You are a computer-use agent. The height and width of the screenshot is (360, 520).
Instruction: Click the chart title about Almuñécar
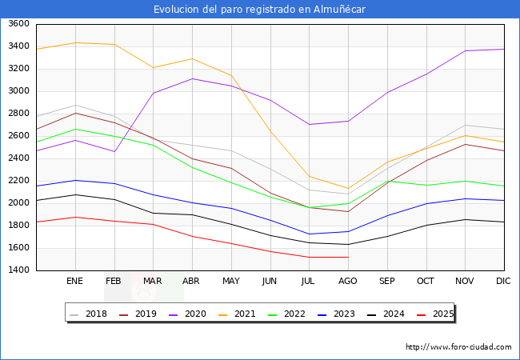[260, 9]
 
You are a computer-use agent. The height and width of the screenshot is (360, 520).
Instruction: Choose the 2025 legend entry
[436, 314]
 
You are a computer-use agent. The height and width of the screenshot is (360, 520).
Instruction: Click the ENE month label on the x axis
[75, 282]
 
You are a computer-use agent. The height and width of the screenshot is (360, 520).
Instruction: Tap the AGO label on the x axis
[347, 282]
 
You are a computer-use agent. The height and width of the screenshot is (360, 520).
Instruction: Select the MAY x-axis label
[230, 282]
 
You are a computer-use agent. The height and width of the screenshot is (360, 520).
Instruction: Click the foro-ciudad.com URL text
[458, 347]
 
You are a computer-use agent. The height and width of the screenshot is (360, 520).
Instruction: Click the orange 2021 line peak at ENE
[75, 42]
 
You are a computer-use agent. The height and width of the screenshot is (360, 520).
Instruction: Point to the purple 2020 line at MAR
[153, 93]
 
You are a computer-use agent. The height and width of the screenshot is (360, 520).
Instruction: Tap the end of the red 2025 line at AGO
[348, 257]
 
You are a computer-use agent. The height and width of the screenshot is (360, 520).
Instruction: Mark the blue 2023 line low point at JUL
[309, 234]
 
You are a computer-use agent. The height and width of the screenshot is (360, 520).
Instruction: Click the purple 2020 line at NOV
[465, 50]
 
